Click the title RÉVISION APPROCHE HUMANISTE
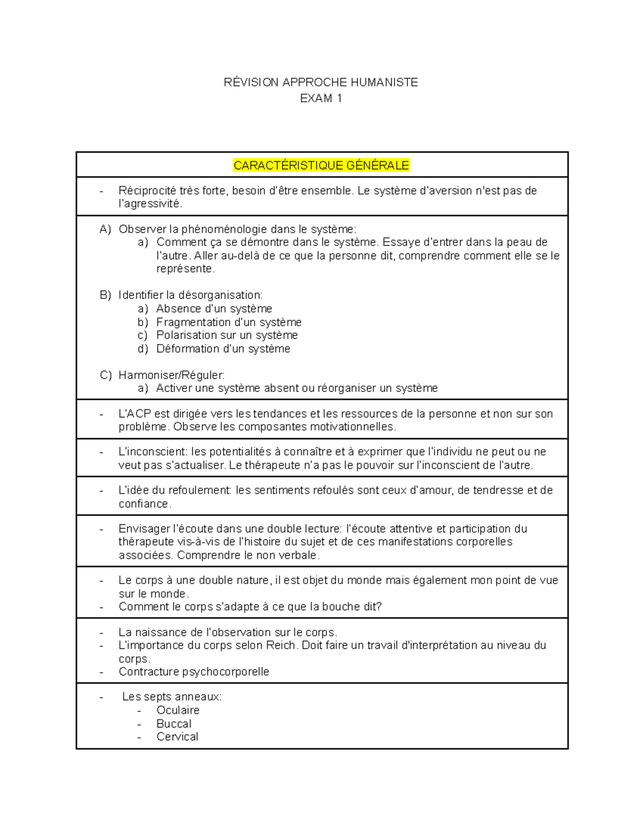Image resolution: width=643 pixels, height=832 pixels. pyautogui.click(x=321, y=82)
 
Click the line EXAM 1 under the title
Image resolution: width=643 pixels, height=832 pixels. pyautogui.click(x=321, y=98)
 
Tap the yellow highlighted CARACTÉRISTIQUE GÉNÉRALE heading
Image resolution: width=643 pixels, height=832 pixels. pyautogui.click(x=322, y=165)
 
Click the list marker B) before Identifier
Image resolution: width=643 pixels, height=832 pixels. pyautogui.click(x=105, y=295)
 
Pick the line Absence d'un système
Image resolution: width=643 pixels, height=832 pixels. pyautogui.click(x=214, y=309)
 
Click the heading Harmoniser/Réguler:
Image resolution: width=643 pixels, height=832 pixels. pyautogui.click(x=171, y=374)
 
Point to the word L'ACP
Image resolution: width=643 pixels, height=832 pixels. pyautogui.click(x=132, y=414)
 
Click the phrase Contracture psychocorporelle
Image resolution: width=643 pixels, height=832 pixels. pyautogui.click(x=193, y=671)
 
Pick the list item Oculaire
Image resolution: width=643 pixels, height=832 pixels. pyautogui.click(x=177, y=710)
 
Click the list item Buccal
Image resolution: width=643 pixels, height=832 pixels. pyautogui.click(x=174, y=723)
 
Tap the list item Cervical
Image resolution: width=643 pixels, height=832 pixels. pyautogui.click(x=177, y=737)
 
